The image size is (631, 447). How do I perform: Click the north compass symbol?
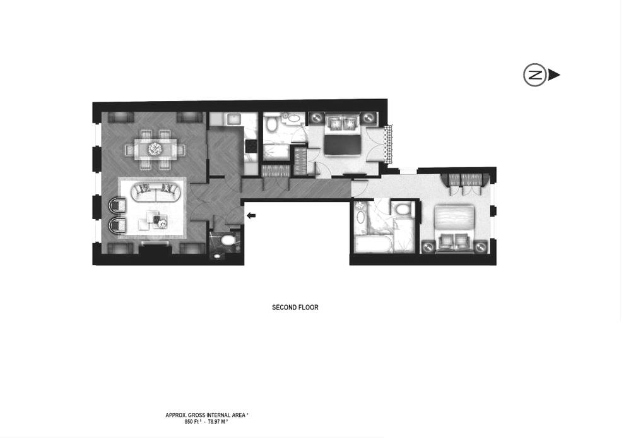pyautogui.click(x=535, y=75)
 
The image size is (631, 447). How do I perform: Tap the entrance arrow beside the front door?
pyautogui.click(x=251, y=216)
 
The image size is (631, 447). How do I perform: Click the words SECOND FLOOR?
pyautogui.click(x=295, y=307)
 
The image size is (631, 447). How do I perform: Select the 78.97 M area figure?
pyautogui.click(x=218, y=422)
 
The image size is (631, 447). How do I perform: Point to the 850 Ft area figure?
pyautogui.click(x=192, y=422)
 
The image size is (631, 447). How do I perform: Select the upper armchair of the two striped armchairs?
pyautogui.click(x=117, y=205)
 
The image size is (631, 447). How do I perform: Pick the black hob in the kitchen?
pyautogui.click(x=251, y=146)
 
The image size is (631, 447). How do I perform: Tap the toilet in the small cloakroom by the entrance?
pyautogui.click(x=227, y=241)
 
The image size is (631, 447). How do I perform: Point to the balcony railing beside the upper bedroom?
pyautogui.click(x=388, y=141)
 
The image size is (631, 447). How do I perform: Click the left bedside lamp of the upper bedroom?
pyautogui.click(x=315, y=118)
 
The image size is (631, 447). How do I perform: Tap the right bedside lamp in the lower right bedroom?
pyautogui.click(x=481, y=246)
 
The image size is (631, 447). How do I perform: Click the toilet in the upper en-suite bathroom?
pyautogui.click(x=272, y=125)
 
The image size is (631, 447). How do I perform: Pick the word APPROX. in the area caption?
pyautogui.click(x=175, y=415)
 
